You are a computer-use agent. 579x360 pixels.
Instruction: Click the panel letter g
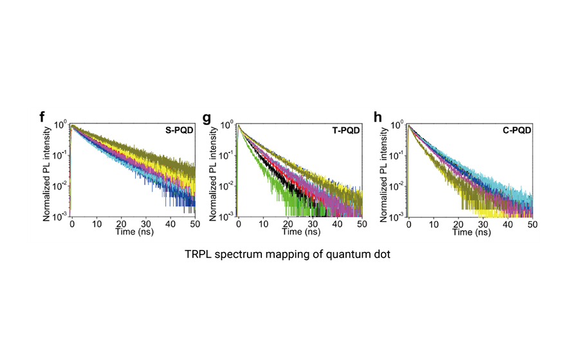tap(207, 118)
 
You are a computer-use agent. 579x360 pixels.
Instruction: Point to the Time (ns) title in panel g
tap(300, 232)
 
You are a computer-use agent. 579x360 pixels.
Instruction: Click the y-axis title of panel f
tap(48, 171)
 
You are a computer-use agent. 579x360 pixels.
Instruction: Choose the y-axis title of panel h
tap(384, 171)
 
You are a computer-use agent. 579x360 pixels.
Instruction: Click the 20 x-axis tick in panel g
tap(288, 224)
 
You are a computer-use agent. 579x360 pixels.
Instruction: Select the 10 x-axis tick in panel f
tap(96, 224)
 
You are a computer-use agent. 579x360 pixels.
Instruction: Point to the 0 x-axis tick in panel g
tap(239, 224)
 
